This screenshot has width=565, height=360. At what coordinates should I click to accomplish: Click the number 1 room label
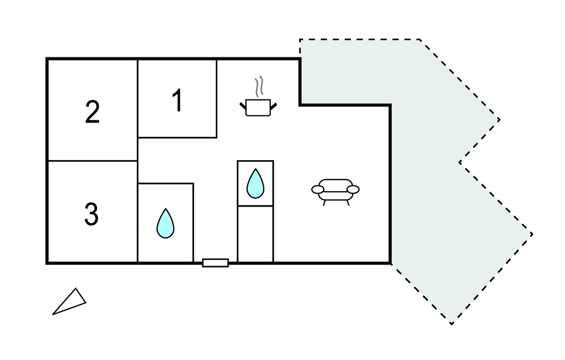(177, 100)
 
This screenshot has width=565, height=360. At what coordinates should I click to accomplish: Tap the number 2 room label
(92, 112)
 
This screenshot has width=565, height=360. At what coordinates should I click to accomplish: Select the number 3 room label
(92, 214)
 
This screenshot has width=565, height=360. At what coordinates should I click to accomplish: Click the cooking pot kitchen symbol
(258, 107)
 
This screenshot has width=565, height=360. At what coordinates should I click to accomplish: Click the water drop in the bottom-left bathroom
(165, 224)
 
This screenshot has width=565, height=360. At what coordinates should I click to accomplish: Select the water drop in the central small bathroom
(255, 183)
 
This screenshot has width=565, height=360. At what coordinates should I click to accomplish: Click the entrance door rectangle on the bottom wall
(215, 263)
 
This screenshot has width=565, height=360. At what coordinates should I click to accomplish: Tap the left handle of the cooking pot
(243, 104)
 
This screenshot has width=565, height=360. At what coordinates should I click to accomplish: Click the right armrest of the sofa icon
(353, 190)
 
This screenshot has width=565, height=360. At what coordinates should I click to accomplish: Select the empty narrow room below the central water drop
(255, 233)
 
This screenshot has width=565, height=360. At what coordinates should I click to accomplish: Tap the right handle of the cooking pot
(273, 104)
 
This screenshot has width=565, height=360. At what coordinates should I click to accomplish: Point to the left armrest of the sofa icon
(318, 190)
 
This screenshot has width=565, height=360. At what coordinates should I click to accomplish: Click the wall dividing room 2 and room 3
(92, 161)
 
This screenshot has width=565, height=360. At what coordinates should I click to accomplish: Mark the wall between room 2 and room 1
(137, 99)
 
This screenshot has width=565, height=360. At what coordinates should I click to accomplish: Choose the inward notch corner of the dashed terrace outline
(459, 162)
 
